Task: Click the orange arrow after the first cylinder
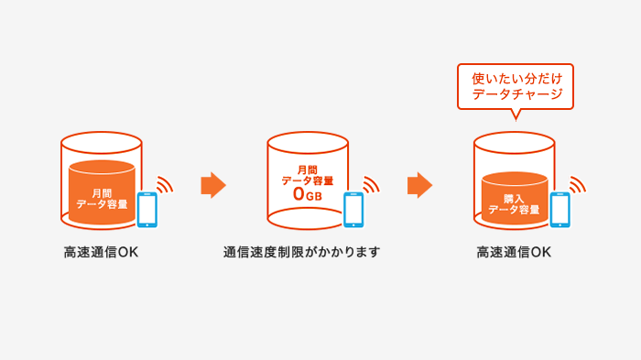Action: [212, 185]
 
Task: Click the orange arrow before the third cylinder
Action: [419, 185]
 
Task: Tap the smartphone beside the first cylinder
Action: [147, 209]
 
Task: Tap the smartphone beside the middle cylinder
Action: [354, 209]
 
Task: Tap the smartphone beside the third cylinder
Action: [560, 209]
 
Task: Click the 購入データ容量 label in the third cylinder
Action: [515, 203]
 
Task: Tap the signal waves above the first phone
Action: [164, 184]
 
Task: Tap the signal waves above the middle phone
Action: [371, 184]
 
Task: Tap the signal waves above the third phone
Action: [577, 184]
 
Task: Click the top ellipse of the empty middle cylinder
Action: [309, 142]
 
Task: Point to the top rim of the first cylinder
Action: [102, 134]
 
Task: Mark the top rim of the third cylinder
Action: [515, 134]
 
